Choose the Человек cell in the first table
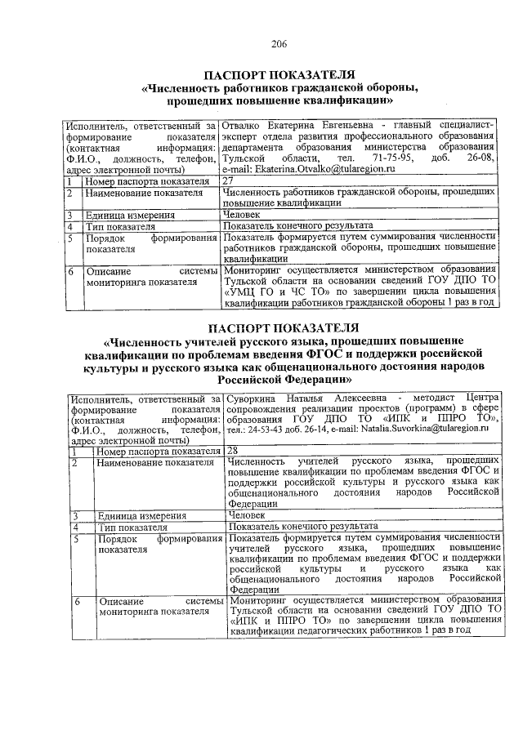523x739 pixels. point(242,214)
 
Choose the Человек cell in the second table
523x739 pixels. point(247,515)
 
